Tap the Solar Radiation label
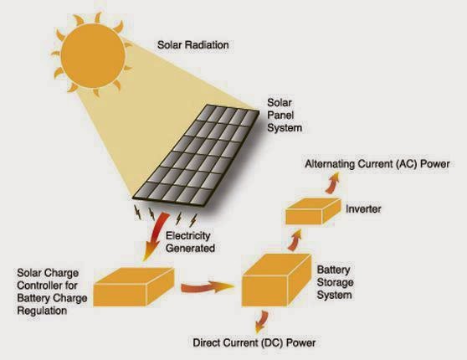coord(194,43)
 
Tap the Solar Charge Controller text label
coord(50,287)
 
